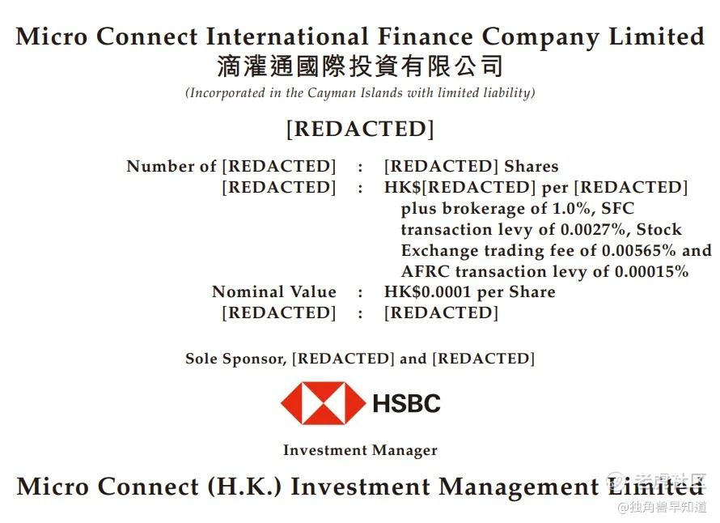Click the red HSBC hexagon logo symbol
tap(323, 403)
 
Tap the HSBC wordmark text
tap(406, 403)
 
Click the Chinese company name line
tap(360, 66)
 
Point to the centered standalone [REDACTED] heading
tap(360, 129)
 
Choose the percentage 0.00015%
tap(651, 271)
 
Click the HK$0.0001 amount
tap(427, 291)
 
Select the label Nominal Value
tap(274, 291)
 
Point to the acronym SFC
tap(617, 209)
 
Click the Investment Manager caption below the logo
tap(360, 450)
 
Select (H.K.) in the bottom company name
tap(244, 487)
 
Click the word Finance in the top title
tap(426, 36)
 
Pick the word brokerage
tap(484, 209)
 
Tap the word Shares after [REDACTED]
tap(532, 166)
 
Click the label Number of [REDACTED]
tap(231, 166)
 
